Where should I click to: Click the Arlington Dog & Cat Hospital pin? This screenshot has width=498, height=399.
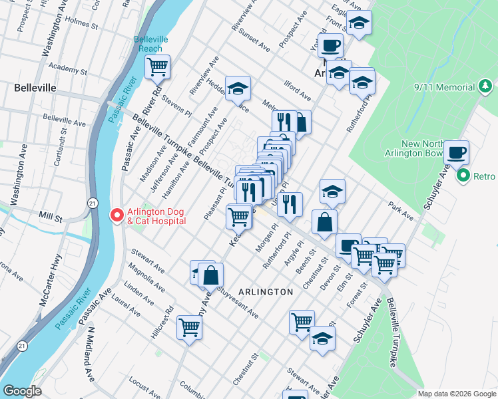[116, 215]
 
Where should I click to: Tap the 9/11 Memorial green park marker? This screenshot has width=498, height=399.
[487, 86]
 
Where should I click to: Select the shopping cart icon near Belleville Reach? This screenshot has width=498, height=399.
[158, 67]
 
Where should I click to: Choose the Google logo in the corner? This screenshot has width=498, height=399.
[21, 391]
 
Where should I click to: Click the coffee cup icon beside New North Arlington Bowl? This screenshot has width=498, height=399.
[456, 153]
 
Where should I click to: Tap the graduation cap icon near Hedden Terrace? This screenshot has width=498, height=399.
[238, 88]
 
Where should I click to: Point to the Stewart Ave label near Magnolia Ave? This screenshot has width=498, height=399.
[148, 261]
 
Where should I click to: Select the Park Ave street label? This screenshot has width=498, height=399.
[401, 208]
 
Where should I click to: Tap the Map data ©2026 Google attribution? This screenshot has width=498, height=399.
[455, 393]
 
